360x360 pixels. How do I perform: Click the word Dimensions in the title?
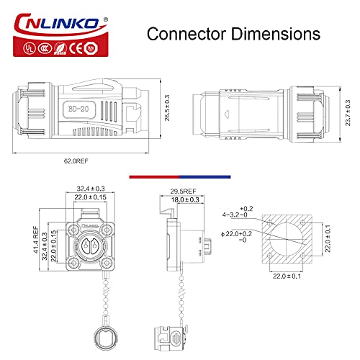point(276,33)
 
